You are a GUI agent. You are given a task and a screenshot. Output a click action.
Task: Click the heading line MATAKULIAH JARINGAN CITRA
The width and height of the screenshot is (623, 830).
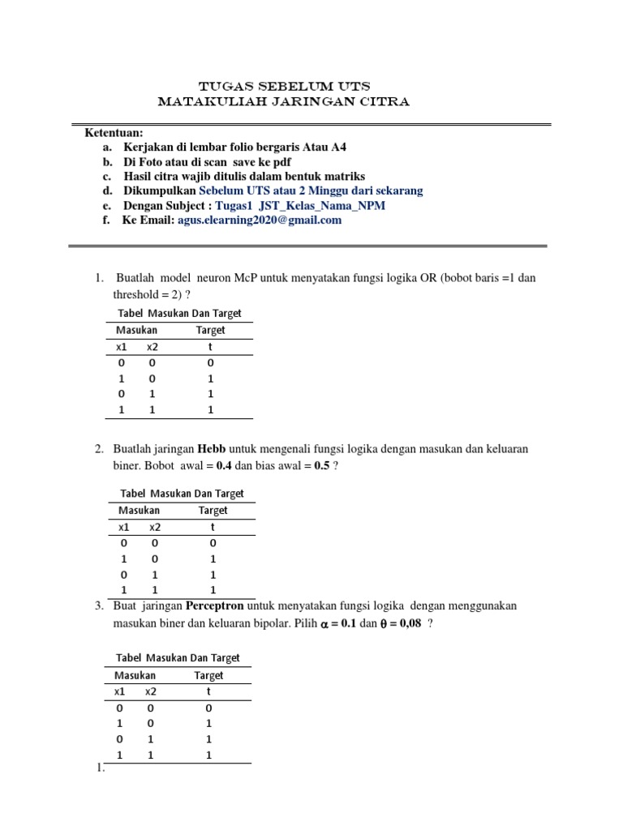284,102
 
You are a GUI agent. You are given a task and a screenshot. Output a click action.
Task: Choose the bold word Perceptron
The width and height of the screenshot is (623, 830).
215,606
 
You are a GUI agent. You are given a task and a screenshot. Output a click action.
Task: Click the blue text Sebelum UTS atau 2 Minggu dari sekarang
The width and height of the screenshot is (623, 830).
311,190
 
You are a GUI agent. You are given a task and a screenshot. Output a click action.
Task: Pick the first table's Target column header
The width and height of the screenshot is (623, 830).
210,330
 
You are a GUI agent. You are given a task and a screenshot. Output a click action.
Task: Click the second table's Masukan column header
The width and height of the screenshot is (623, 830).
139,511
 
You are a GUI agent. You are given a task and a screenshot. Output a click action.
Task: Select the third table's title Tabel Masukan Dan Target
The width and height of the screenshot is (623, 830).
178,658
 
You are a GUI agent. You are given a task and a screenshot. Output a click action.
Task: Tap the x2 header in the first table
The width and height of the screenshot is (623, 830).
153,347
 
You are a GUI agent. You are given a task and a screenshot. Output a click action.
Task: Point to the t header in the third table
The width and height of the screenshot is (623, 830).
208,691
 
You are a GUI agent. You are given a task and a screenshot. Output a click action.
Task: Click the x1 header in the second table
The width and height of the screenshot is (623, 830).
124,527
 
